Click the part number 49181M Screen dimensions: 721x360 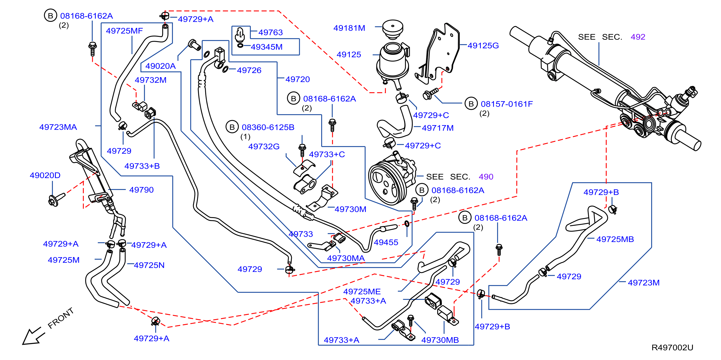(x=349, y=28)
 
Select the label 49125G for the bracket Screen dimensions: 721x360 (x=483, y=45)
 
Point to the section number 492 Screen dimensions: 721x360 (x=638, y=37)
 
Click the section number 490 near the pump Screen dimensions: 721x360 (x=486, y=177)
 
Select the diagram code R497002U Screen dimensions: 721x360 (x=672, y=347)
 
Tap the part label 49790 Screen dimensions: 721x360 (x=141, y=190)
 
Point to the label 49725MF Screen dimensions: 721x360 (x=124, y=31)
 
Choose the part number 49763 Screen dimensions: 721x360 (x=270, y=33)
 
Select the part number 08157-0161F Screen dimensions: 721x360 (x=507, y=104)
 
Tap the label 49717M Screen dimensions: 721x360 (x=438, y=128)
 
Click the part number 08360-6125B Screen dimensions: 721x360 (x=268, y=127)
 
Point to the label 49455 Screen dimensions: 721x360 (x=386, y=242)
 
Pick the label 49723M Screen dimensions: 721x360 (x=644, y=283)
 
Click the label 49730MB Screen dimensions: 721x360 (x=440, y=340)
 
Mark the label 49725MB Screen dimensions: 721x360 (x=615, y=239)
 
